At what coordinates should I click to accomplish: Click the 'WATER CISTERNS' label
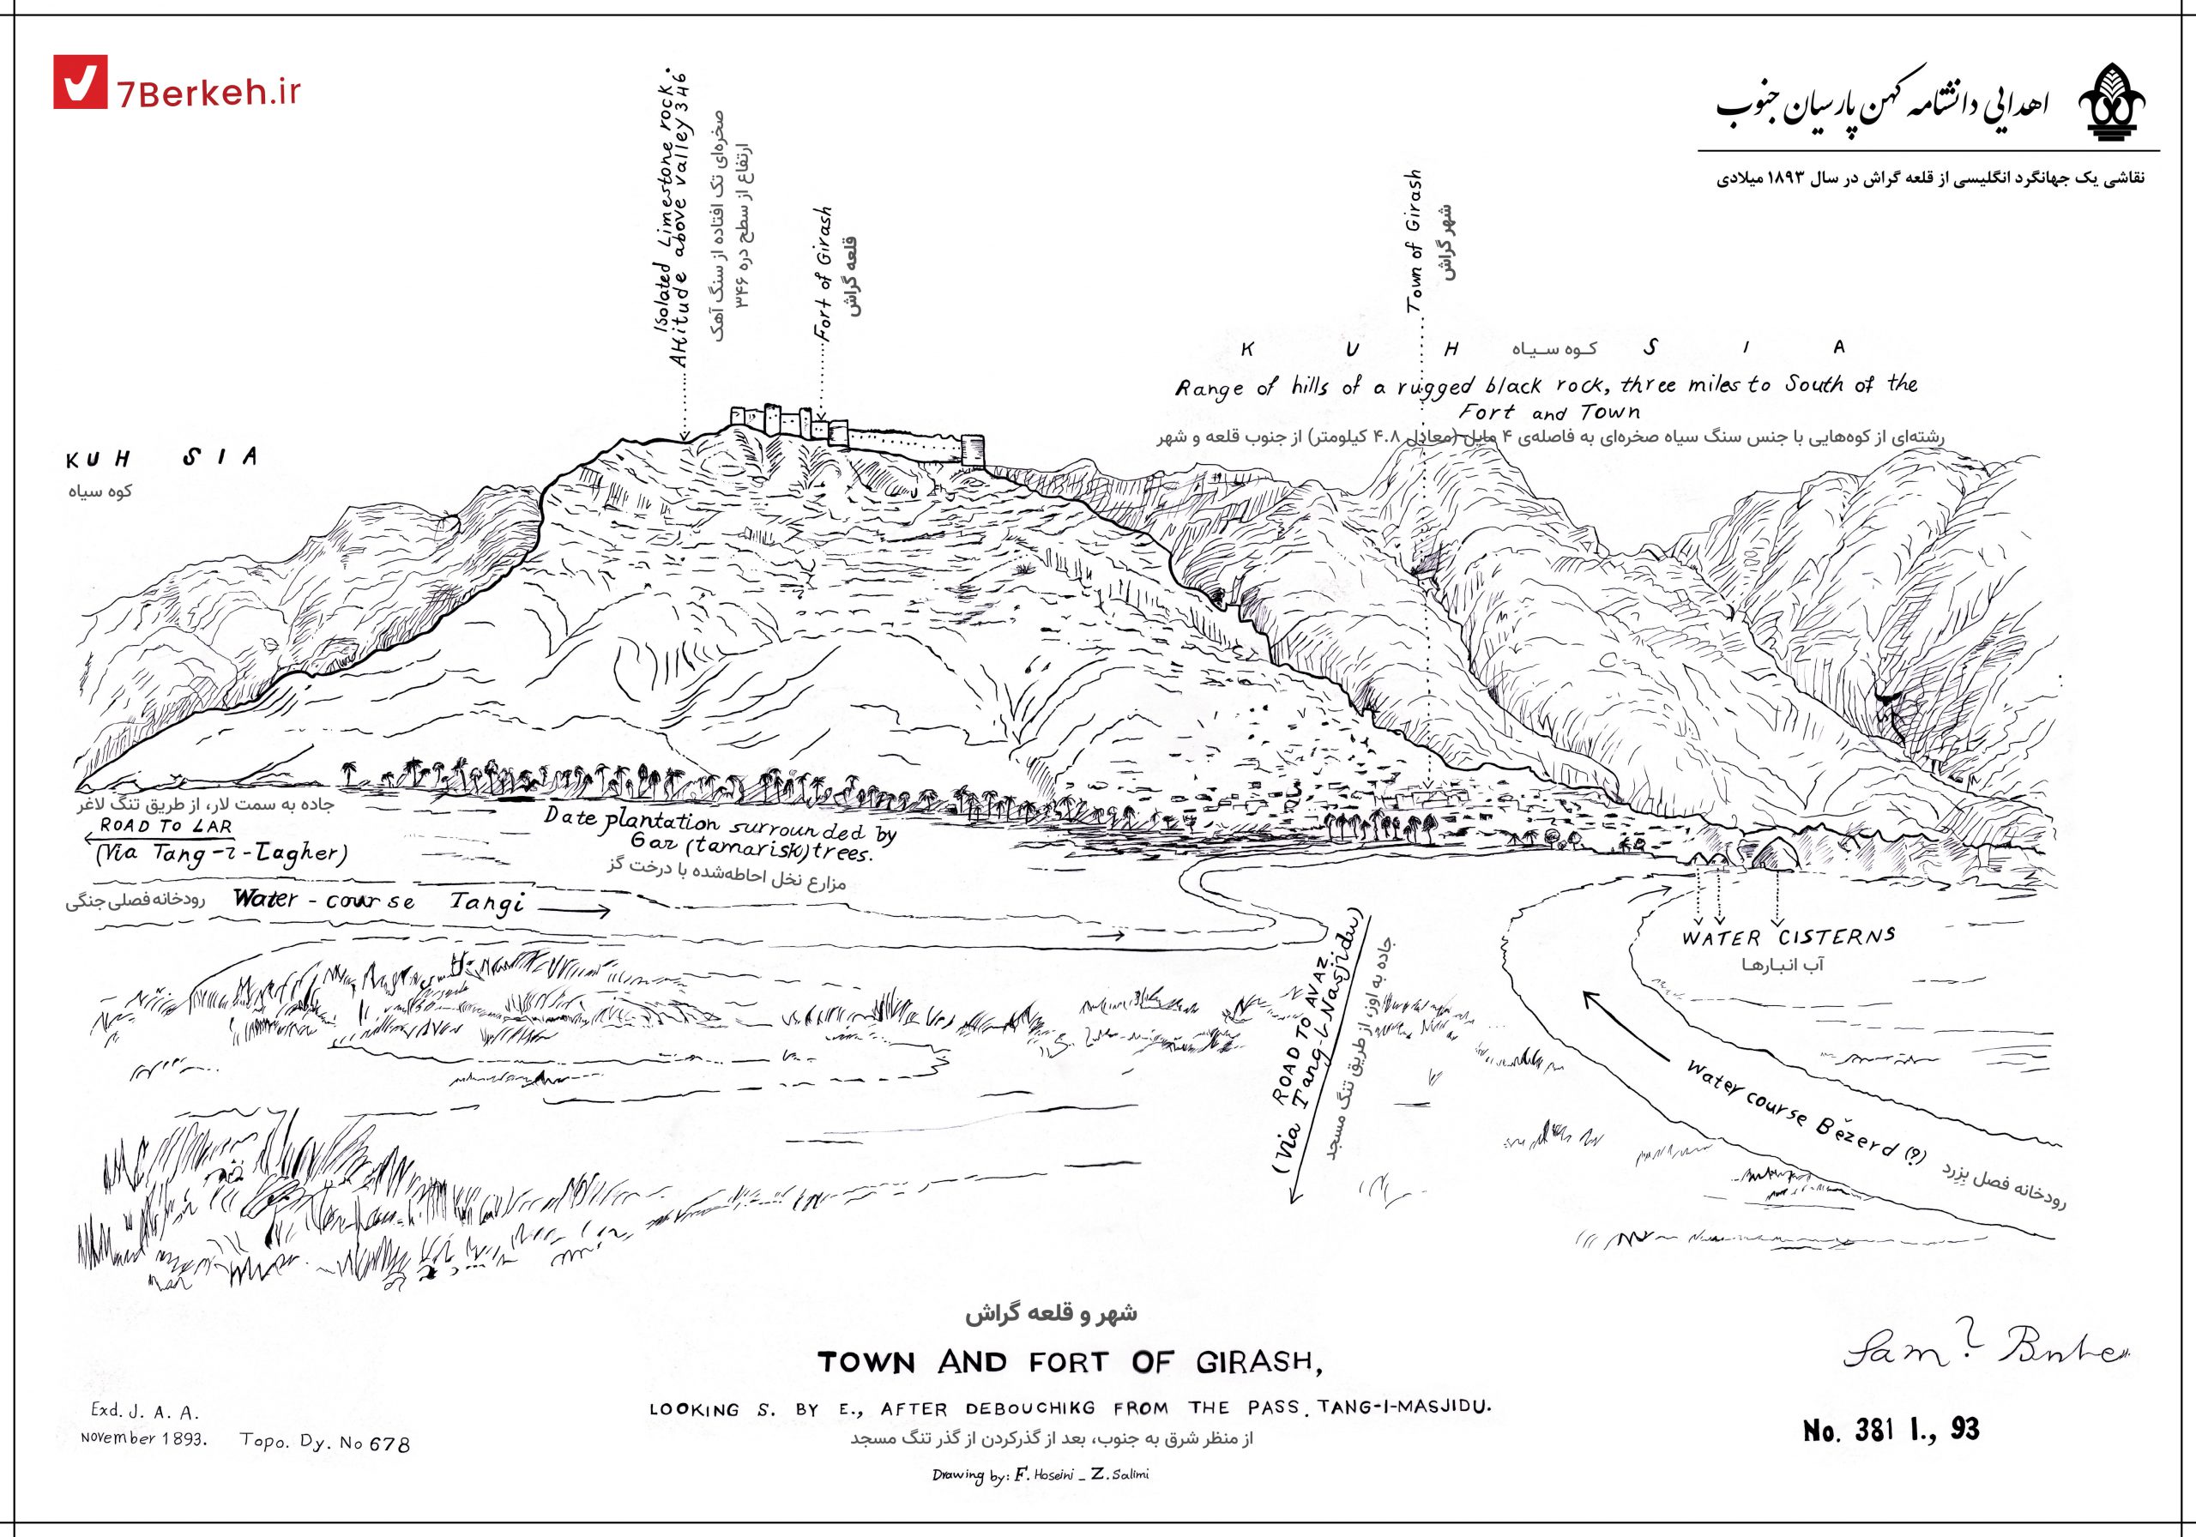[1789, 937]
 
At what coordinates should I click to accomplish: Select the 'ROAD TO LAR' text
[166, 825]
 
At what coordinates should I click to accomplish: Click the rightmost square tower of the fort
[973, 449]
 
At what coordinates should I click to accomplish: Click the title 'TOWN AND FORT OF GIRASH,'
[1070, 1362]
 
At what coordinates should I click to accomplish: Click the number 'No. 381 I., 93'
[1891, 1430]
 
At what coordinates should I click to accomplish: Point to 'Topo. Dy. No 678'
[325, 1441]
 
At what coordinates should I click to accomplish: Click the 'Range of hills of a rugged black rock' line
[1546, 385]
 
